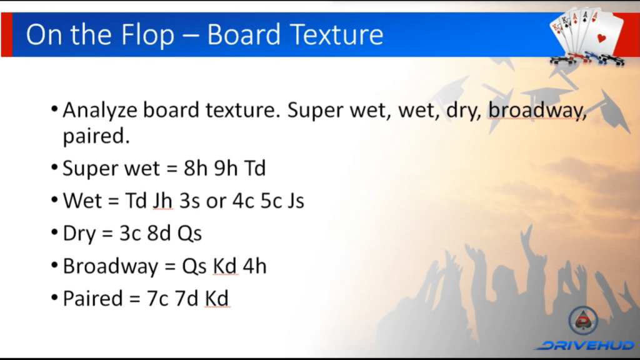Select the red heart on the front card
tap(602, 38)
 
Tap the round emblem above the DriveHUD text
tap(584, 321)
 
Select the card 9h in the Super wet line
tap(226, 167)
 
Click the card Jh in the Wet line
tap(162, 201)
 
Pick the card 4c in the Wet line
tap(243, 201)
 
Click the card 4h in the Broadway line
tap(255, 266)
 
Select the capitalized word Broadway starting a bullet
tap(110, 266)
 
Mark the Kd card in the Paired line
tap(217, 298)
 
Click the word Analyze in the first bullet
tap(99, 111)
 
